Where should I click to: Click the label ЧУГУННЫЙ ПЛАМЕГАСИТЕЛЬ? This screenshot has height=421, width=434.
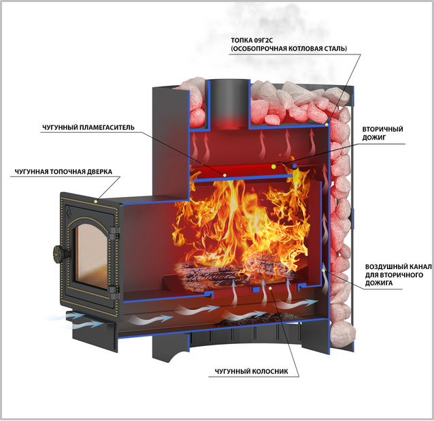pos(88,127)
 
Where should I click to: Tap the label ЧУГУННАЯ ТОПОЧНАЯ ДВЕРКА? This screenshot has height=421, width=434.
pos(63,172)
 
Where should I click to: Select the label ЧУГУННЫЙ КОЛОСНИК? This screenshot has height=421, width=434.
pos(251,371)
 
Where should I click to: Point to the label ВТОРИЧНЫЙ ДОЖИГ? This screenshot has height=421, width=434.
pos(382,134)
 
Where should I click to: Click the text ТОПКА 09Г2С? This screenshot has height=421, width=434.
pos(252,40)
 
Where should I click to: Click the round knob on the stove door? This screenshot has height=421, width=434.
pos(59,253)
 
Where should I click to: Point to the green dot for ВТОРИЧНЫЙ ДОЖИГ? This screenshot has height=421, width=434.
pos(273,166)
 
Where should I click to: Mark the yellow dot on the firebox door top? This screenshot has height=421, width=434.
pos(96,201)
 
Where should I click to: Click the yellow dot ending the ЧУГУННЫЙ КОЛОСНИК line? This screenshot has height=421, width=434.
pos(271,288)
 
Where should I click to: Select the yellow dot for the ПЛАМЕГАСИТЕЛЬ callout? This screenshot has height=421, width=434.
pos(224,175)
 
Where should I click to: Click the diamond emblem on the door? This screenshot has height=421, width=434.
pos(69,212)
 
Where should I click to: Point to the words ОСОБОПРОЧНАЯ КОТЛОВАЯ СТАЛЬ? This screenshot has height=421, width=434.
pos(289,49)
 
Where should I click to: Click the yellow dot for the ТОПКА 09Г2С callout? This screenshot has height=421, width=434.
pos(327,125)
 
